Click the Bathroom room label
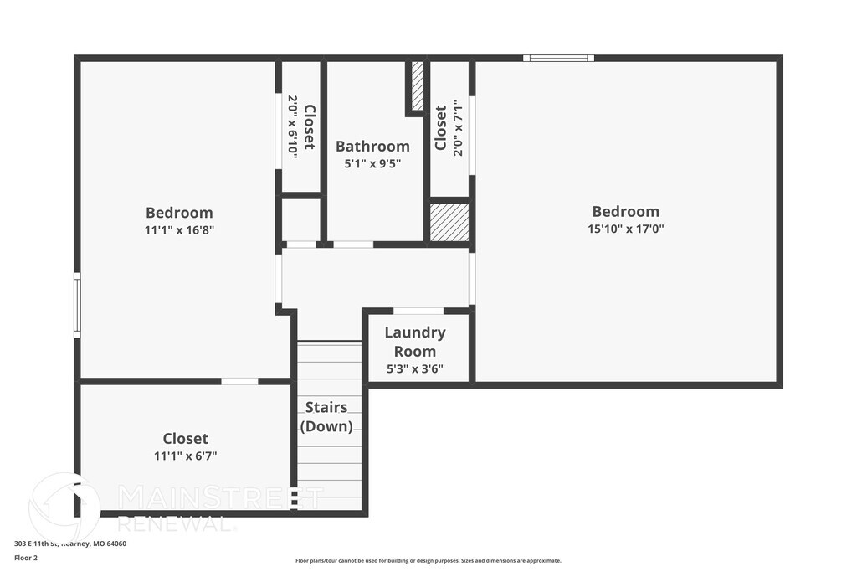[372, 147]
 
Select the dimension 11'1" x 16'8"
[179, 229]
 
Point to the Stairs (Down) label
[326, 417]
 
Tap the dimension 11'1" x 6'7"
[185, 456]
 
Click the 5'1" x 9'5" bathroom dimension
[372, 164]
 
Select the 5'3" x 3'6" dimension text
[415, 368]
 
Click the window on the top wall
[559, 59]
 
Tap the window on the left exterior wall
[77, 305]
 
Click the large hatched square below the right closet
[449, 223]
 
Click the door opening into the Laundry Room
[418, 312]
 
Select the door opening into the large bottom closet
[239, 382]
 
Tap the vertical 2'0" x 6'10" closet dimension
[293, 127]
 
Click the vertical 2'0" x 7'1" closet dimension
[457, 128]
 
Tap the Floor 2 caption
[26, 557]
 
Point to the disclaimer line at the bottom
[428, 561]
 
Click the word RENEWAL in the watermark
[176, 524]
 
